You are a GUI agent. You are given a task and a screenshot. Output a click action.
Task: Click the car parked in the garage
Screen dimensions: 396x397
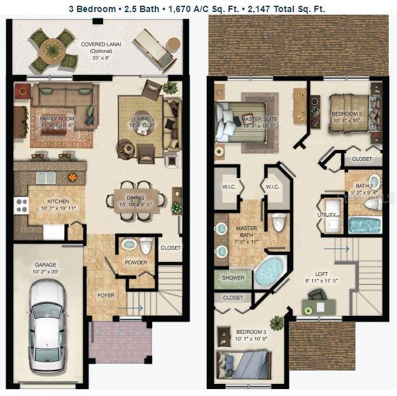(48, 326)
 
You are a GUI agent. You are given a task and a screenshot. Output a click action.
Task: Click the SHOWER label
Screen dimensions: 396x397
(233, 277)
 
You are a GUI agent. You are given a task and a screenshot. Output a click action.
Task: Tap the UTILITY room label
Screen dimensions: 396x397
(326, 215)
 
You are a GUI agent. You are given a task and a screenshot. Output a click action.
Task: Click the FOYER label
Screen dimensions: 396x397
(106, 294)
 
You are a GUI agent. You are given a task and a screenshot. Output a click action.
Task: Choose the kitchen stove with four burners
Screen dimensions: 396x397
(22, 205)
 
